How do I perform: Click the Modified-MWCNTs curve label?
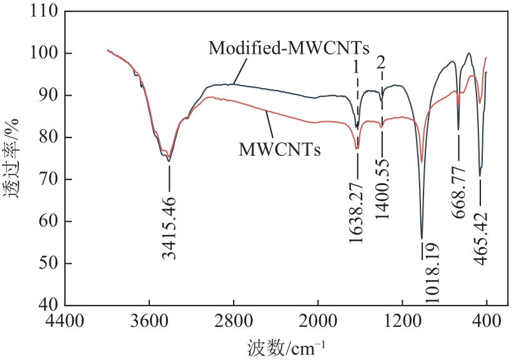(x=289, y=47)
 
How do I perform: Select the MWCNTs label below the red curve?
(x=280, y=150)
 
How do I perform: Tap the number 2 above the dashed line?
(x=381, y=62)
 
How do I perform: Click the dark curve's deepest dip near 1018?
(x=422, y=237)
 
